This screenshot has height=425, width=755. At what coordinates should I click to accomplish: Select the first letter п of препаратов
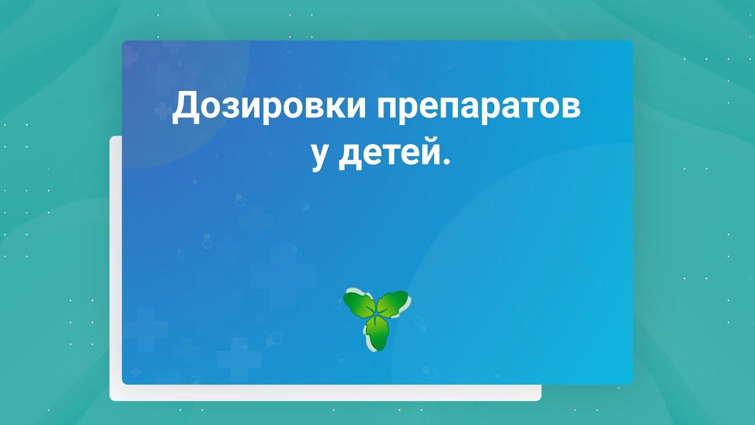(x=386, y=112)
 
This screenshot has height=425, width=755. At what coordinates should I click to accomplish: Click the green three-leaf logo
(x=377, y=319)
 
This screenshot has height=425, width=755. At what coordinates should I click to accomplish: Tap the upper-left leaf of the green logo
(x=359, y=304)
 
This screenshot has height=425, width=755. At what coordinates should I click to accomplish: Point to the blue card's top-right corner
(x=632, y=41)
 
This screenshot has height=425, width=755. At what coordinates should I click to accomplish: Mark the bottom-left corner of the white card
(x=111, y=400)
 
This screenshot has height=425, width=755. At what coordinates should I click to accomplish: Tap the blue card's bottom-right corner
(x=632, y=384)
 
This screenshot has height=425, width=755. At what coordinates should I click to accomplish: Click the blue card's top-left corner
(x=123, y=41)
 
